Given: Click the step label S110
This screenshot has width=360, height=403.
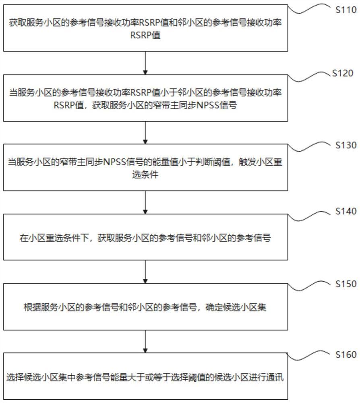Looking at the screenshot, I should [346, 11].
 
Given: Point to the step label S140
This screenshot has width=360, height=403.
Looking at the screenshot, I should [346, 212].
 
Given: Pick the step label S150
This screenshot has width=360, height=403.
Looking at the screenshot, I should [346, 284].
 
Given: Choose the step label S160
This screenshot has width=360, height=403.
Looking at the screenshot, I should [346, 355].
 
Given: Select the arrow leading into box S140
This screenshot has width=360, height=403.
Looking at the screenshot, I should [145, 202].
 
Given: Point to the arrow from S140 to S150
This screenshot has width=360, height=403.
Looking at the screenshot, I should [145, 272].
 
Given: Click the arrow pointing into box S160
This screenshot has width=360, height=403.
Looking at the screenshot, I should [145, 341].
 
